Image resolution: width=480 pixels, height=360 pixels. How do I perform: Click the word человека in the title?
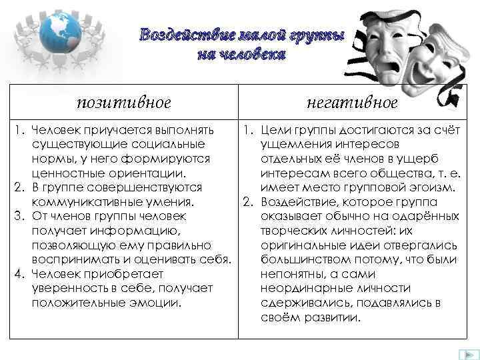coord(253,54)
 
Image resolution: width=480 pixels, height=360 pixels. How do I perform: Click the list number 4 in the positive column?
coord(19,273)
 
